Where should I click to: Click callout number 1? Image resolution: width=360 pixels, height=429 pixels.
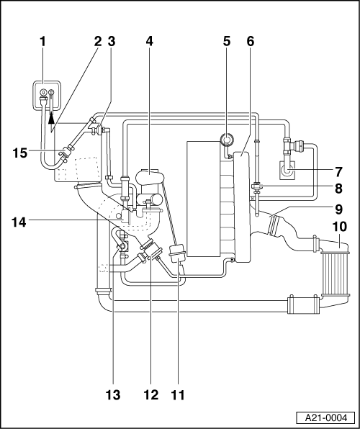tap(42, 42)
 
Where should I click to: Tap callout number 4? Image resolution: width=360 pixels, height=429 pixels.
tap(149, 42)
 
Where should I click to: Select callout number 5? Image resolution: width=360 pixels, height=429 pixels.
tap(227, 42)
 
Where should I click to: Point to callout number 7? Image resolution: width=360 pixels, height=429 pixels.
tap(338, 172)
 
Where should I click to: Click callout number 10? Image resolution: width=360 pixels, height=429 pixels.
tap(339, 227)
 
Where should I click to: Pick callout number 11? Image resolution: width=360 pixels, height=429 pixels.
tap(178, 395)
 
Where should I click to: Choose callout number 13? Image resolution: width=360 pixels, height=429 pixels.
tap(113, 395)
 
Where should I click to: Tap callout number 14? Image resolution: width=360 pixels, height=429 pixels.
tap(19, 222)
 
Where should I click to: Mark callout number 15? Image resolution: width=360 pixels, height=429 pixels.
tap(20, 153)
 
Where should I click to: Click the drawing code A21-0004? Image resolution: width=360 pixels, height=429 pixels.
tap(325, 417)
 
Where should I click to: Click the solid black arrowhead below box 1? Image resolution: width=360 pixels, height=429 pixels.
tap(51, 119)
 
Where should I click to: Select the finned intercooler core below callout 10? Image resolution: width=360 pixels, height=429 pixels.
tap(336, 274)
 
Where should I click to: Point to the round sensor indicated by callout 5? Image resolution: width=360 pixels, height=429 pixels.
tap(228, 140)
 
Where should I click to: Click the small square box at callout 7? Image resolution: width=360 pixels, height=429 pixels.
tap(287, 170)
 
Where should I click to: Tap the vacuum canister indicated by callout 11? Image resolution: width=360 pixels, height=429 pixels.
tap(177, 254)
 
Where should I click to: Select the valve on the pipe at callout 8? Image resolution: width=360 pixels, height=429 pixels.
tap(256, 188)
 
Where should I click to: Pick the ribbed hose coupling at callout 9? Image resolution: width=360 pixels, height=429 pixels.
tap(274, 225)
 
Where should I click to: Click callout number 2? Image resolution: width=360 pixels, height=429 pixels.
tap(98, 42)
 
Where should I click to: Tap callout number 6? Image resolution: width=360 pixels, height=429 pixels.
tap(251, 42)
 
